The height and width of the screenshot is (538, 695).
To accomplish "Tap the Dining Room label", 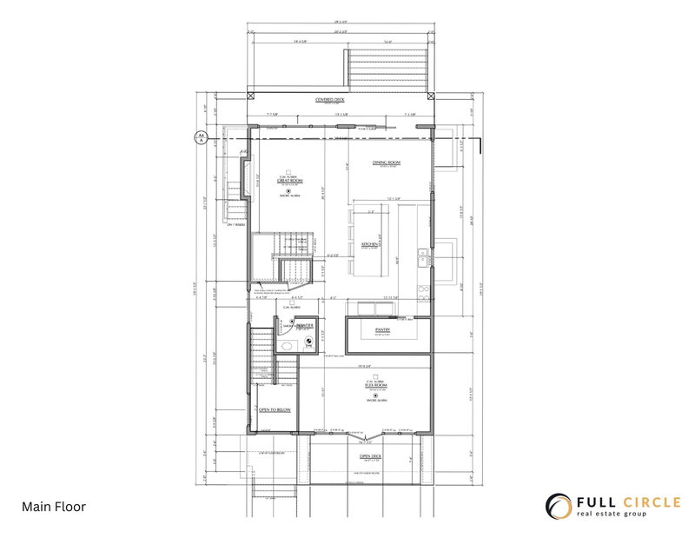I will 386,163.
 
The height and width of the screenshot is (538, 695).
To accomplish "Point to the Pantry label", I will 383,330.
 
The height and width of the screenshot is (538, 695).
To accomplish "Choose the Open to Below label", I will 275,408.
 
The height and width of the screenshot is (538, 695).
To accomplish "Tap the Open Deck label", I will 372,455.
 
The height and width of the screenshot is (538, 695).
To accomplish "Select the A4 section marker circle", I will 199,137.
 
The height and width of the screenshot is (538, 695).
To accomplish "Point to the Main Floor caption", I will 54,507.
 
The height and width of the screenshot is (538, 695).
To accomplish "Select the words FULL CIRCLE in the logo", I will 625,501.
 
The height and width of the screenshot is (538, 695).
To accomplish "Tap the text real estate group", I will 624,515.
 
